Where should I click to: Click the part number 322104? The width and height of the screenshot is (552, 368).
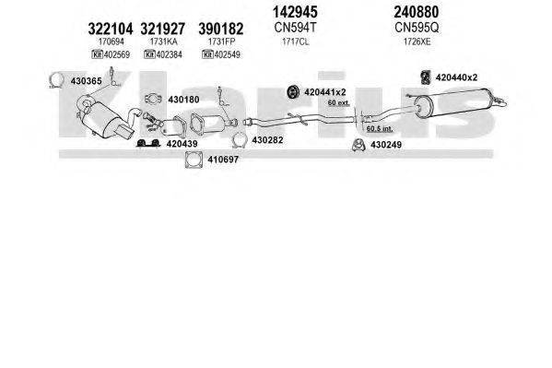tap(111, 29)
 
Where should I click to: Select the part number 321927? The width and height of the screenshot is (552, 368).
tap(162, 29)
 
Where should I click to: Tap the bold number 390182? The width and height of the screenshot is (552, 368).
tap(221, 29)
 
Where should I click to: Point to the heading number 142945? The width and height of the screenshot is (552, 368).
tap(295, 12)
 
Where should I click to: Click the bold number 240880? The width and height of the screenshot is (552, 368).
tap(417, 12)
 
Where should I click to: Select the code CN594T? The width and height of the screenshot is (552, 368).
tap(296, 28)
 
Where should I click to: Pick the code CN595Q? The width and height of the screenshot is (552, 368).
tap(417, 28)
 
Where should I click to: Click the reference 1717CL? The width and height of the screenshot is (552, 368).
tap(296, 42)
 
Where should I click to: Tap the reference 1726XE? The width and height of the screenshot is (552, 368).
tap(417, 42)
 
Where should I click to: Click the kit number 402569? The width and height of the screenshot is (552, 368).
tap(117, 54)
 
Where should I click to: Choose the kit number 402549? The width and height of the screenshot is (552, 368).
tap(227, 54)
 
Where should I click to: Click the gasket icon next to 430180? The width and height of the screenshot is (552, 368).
tap(153, 99)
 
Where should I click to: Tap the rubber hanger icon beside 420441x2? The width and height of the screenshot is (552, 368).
tap(292, 92)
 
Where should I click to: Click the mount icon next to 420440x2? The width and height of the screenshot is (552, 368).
tap(426, 77)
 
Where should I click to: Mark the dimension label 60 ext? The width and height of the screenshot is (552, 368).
tap(338, 103)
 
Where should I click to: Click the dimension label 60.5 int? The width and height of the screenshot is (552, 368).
tap(380, 129)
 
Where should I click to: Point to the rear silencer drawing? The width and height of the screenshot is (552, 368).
tap(454, 103)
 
